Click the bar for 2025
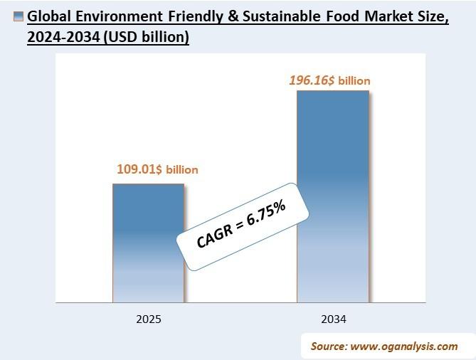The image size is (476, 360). tap(148, 243)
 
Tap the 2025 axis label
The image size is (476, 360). tap(148, 319)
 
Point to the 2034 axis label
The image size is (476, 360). tap(333, 319)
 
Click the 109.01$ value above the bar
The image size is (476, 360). tap(139, 169)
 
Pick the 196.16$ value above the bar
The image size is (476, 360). tap(312, 81)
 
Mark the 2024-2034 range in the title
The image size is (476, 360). tap(58, 38)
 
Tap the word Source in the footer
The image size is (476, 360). tap(328, 346)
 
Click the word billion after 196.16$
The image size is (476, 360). tap(354, 81)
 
